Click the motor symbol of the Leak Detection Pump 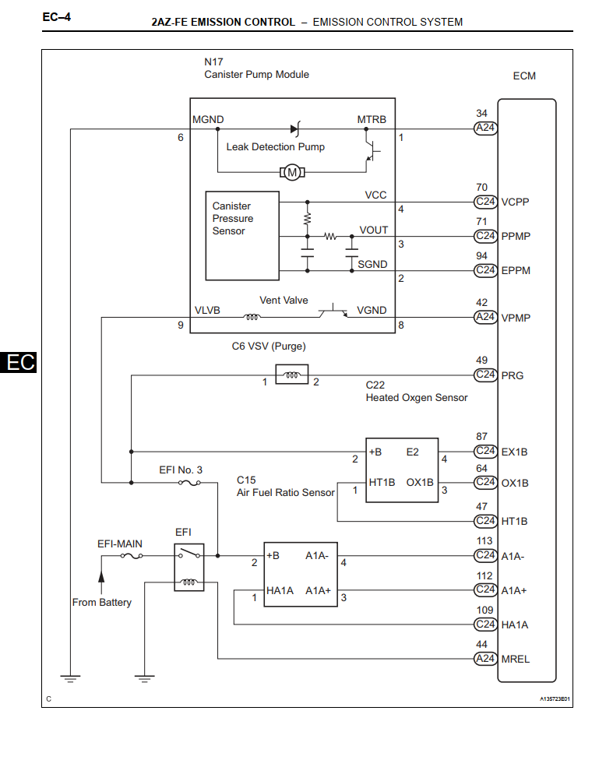coord(293,171)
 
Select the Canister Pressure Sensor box coord(242,235)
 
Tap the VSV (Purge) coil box coord(292,375)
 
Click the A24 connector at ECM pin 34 coord(485,128)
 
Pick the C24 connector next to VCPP coord(485,202)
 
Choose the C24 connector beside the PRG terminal coord(485,375)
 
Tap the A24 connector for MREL coord(485,659)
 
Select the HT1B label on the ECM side coord(515,521)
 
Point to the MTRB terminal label coord(372,120)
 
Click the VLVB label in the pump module coord(207,310)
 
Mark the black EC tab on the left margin coord(19,362)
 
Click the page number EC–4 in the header coord(57,16)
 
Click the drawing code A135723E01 coord(555,698)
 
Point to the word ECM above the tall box coord(524,76)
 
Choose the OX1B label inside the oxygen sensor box coord(420,482)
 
